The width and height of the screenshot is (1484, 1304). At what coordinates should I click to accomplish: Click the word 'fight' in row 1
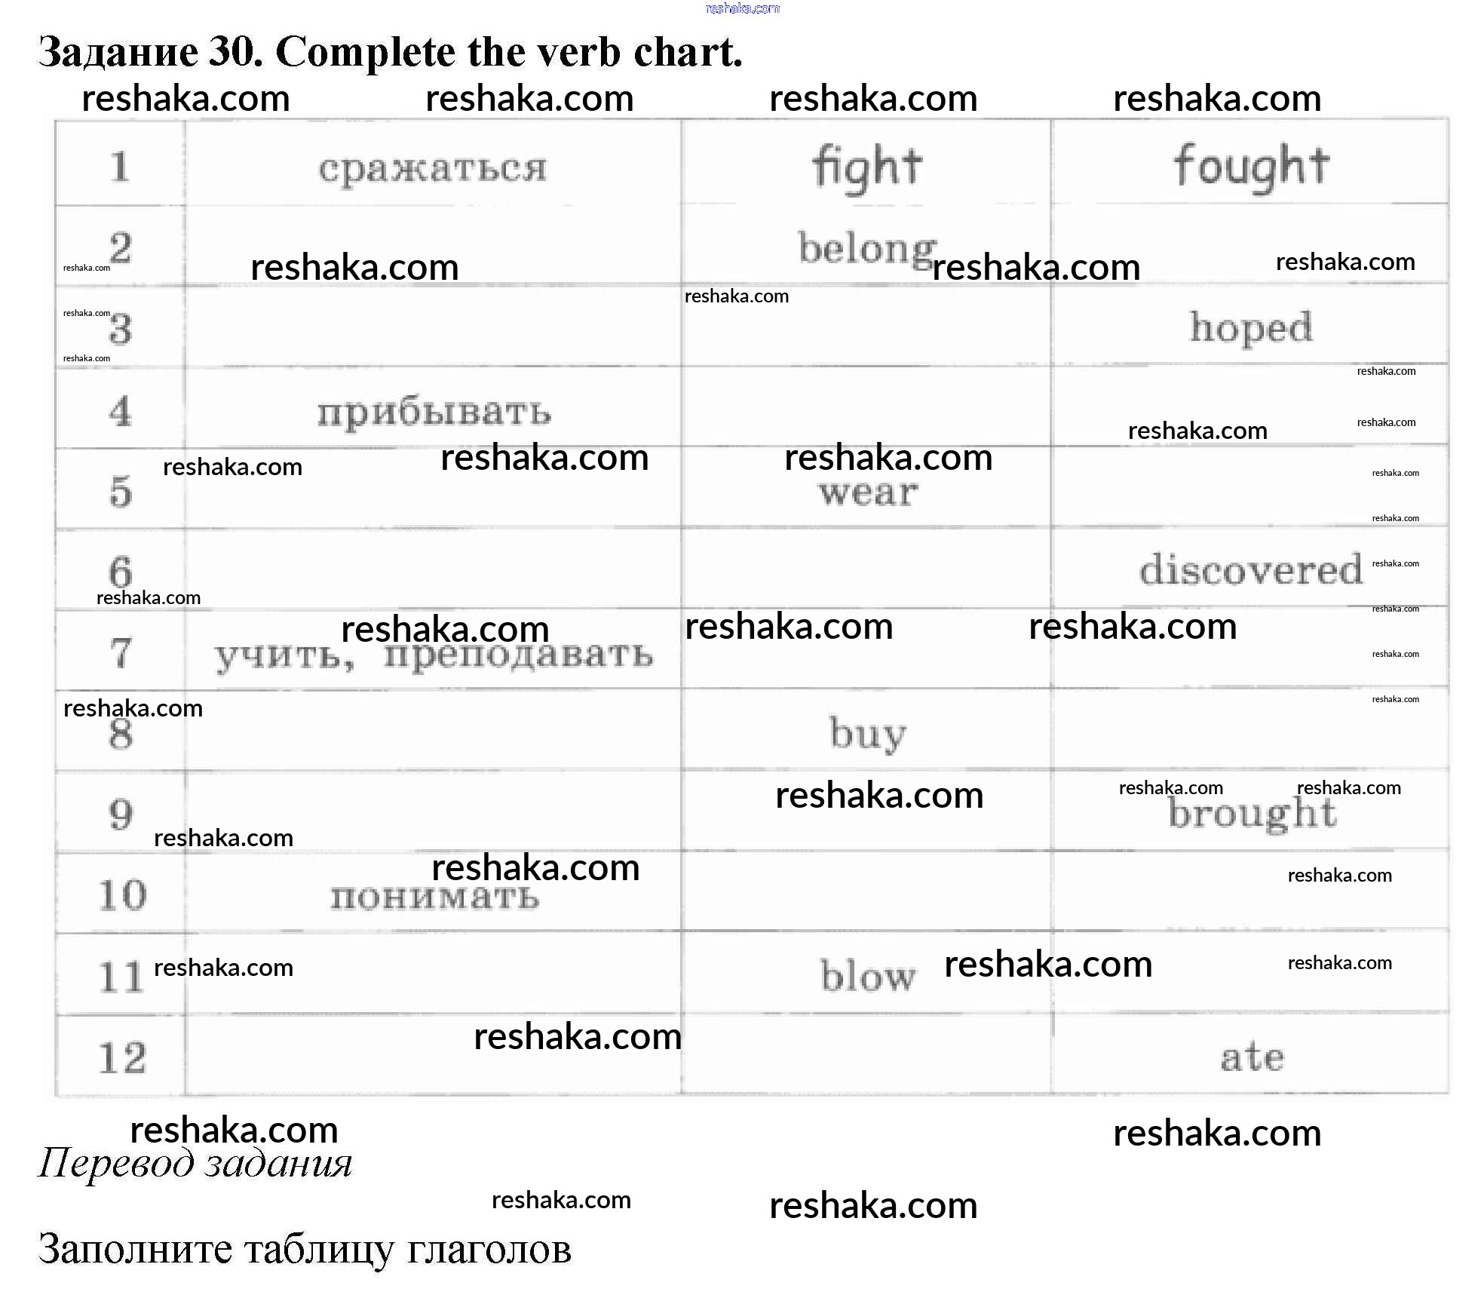(867, 167)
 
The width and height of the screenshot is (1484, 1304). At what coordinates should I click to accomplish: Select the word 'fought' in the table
(1251, 167)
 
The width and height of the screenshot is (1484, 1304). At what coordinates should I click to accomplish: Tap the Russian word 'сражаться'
(432, 168)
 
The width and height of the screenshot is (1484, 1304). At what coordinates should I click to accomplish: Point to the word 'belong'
(867, 249)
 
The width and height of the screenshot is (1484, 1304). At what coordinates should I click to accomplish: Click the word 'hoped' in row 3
(1251, 328)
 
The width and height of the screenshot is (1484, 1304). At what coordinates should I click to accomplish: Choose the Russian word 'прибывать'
(434, 412)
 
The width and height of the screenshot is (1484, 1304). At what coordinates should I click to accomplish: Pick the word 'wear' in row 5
(869, 493)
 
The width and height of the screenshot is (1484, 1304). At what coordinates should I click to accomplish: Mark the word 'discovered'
(1251, 569)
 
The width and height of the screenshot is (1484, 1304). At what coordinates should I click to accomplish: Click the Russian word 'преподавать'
(518, 654)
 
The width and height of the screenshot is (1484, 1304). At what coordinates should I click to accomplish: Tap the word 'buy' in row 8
(868, 733)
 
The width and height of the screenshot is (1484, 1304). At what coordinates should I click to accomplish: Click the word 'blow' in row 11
(868, 975)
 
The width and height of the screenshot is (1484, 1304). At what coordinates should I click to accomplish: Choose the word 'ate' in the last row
(1252, 1057)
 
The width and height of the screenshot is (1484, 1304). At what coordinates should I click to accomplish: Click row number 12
(122, 1057)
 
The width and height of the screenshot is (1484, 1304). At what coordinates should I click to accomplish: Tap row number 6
(121, 572)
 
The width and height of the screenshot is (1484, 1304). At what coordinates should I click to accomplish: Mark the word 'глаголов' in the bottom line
(489, 1249)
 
